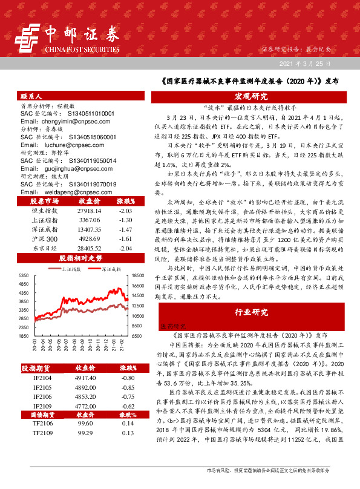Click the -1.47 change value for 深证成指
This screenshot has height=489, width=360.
(x=126, y=213)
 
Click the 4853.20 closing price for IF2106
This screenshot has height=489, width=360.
(x=85, y=396)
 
